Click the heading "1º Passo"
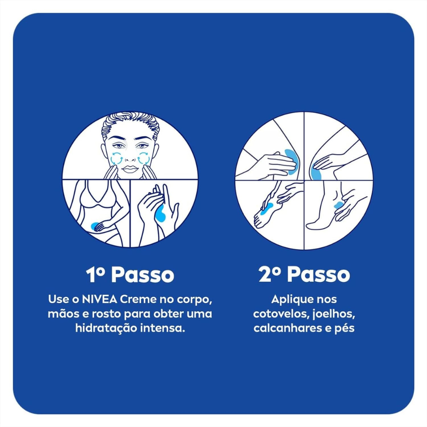click(130, 275)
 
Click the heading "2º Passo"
click(304, 275)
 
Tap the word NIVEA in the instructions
click(99, 299)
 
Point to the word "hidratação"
click(106, 328)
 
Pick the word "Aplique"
click(290, 300)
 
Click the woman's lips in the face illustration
click(130, 169)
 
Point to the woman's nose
click(130, 157)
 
